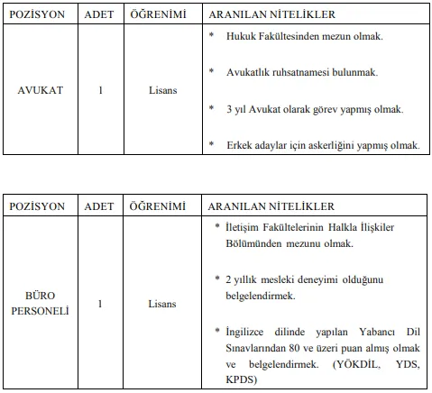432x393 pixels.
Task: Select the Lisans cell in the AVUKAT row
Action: [162, 91]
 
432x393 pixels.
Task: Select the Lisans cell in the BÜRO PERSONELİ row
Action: [162, 304]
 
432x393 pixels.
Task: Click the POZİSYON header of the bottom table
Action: [38, 206]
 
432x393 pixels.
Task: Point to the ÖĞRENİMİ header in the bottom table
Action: [162, 206]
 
